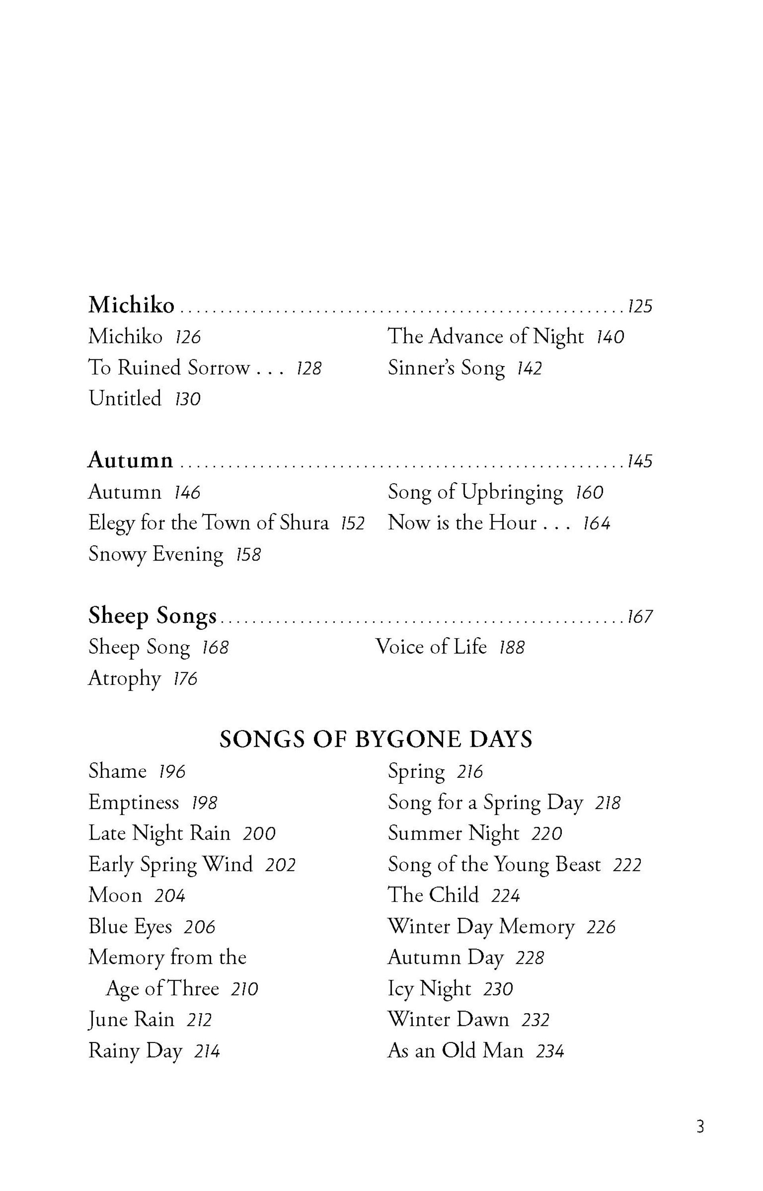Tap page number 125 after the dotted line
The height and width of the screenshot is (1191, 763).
640,306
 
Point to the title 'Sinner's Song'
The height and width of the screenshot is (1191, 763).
446,368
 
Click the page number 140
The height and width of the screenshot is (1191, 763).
609,337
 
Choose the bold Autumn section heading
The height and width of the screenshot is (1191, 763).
130,460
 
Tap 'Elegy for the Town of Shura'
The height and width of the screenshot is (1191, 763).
208,523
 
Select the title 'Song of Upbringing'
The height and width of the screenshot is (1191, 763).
475,492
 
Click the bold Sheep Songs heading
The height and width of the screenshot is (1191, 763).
152,616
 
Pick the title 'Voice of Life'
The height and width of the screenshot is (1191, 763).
431,647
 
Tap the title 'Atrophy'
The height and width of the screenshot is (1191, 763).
124,678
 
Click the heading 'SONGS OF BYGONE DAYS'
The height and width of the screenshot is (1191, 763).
376,739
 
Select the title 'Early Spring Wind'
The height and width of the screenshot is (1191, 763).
170,865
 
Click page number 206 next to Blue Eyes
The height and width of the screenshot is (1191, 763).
199,927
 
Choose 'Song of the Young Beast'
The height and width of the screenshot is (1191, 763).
494,865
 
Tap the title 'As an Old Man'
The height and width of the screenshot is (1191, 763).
455,1051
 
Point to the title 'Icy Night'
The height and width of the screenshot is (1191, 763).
429,989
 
